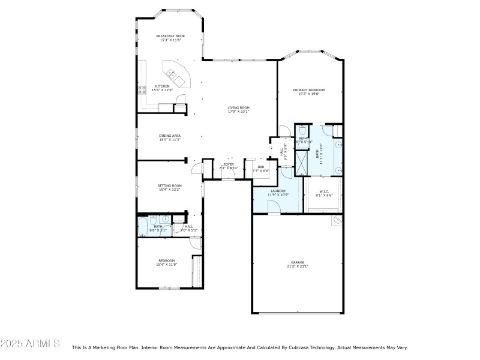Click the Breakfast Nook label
tap(170, 36)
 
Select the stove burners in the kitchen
tap(142, 90)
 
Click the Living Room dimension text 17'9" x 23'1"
tap(238, 112)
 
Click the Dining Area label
tap(170, 136)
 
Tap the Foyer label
tap(229, 164)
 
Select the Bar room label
tap(261, 167)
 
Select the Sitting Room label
tap(170, 185)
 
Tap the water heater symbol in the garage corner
tap(337, 220)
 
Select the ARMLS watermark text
tap(30, 344)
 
